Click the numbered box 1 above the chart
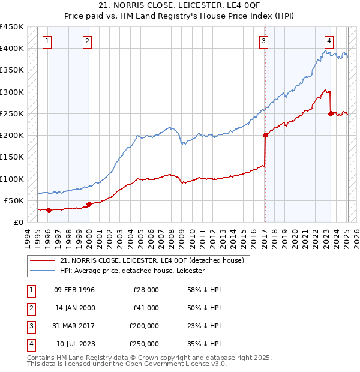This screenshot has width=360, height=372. [x=47, y=41]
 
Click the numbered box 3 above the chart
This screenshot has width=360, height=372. [x=263, y=41]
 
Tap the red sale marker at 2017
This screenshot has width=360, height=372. [x=265, y=136]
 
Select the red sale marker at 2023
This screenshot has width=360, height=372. [x=331, y=113]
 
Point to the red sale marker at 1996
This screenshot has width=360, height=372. [x=49, y=210]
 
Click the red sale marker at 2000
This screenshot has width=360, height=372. [x=89, y=204]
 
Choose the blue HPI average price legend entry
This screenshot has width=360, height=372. [x=132, y=271]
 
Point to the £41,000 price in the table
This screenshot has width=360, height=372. [x=146, y=308]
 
